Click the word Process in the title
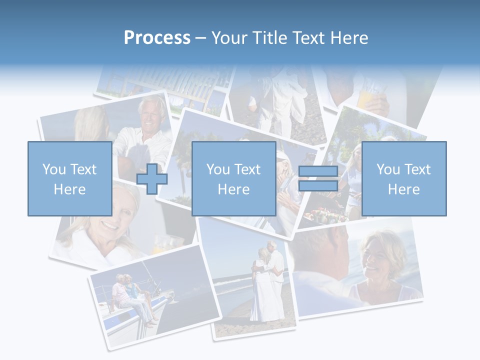pos(157,38)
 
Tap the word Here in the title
pos(347,38)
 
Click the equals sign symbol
pos(318,178)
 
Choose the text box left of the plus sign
pos(69,178)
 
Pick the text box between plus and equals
pos(233,178)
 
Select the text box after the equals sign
pos(403,178)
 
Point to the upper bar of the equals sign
pos(318,172)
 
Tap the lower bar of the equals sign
pos(318,185)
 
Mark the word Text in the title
pos(308,38)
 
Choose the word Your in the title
pos(229,38)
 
